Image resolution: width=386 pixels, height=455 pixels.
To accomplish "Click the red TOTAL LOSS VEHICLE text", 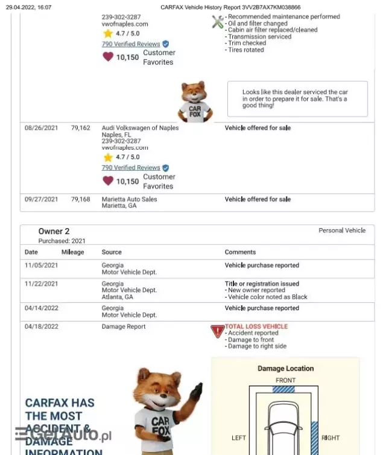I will click(x=256, y=326).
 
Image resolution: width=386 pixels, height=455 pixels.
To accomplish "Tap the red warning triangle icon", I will click(x=217, y=331).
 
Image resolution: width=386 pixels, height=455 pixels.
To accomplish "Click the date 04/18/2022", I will click(x=41, y=326).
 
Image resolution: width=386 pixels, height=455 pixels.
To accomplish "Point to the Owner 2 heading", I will click(x=54, y=231).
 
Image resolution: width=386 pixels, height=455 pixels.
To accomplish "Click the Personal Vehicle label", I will click(x=342, y=231).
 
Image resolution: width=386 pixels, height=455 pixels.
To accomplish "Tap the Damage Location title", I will click(x=285, y=369).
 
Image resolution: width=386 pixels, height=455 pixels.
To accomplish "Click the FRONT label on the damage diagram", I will click(x=285, y=380).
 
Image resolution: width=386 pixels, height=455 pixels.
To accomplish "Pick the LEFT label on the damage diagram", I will click(x=239, y=437).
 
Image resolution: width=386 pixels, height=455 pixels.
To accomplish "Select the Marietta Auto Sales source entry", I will click(x=129, y=199).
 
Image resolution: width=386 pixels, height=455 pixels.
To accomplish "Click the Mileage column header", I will click(x=72, y=252).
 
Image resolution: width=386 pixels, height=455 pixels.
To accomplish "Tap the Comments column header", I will click(x=240, y=252).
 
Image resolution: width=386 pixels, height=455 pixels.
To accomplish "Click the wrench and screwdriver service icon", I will click(x=218, y=22).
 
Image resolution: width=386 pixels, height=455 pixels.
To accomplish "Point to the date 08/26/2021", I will click(x=41, y=128).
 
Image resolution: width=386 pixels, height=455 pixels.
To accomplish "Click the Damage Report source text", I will click(x=124, y=326).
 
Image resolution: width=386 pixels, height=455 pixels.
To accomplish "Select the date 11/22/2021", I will click(x=41, y=284).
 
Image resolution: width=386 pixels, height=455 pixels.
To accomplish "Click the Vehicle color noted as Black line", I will click(x=267, y=297).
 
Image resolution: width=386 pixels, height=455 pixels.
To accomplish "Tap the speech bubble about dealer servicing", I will click(x=297, y=99).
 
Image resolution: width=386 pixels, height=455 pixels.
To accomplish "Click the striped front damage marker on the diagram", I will click(x=283, y=389).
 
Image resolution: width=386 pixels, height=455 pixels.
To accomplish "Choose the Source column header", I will click(x=112, y=252).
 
